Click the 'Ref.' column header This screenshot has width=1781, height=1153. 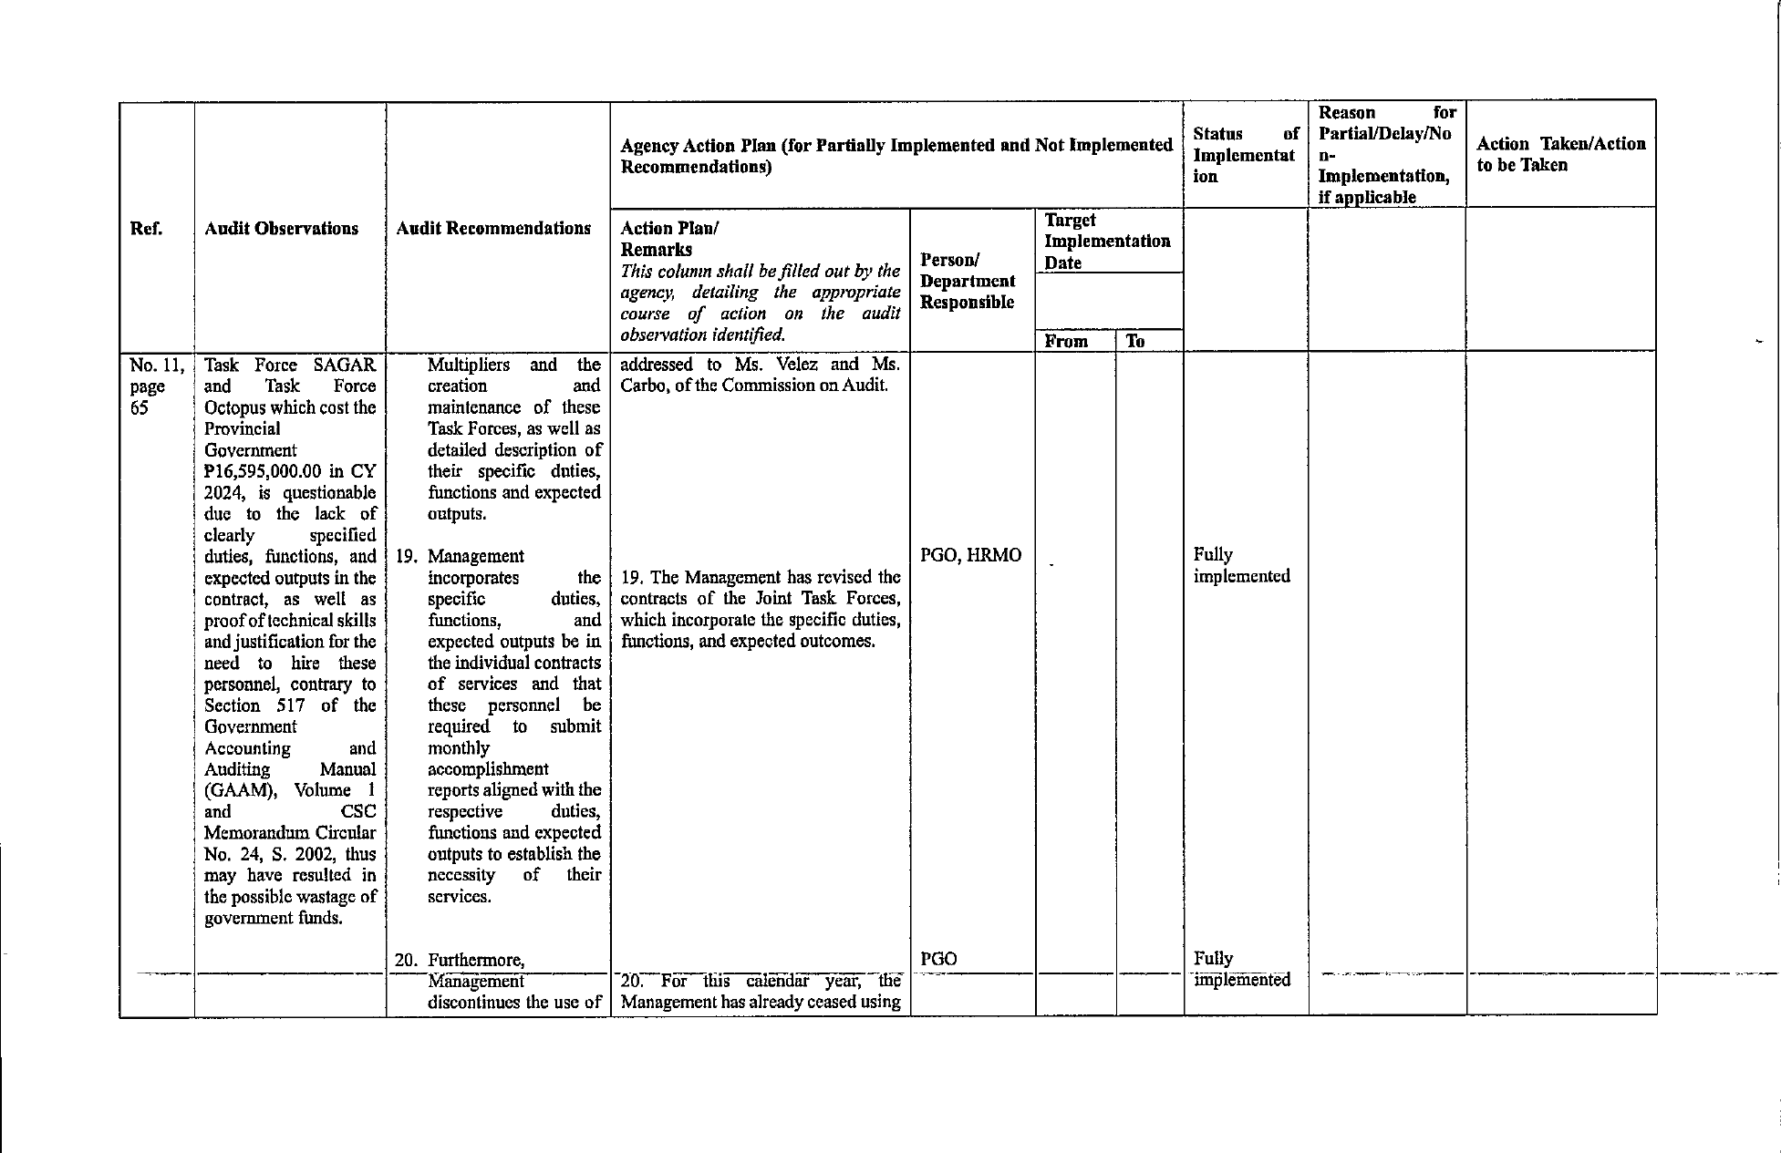click(146, 229)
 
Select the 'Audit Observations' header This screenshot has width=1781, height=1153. click(281, 229)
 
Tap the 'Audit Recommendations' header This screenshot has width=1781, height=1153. click(493, 229)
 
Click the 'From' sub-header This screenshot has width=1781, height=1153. click(1066, 342)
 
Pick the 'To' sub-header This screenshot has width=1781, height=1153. click(1135, 342)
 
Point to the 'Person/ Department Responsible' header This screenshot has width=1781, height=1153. click(968, 281)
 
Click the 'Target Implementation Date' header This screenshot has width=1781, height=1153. click(1107, 242)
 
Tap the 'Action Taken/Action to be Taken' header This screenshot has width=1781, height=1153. click(1560, 154)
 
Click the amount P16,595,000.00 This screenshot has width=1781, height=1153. click(263, 471)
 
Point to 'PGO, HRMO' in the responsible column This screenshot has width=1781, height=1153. click(970, 555)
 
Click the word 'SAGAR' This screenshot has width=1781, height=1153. click(344, 365)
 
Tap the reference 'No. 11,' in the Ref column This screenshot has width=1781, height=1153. click(157, 365)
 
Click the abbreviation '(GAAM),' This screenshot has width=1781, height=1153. click(240, 790)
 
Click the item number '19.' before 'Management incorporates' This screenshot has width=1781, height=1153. click(408, 556)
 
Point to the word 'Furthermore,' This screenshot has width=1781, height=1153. click(476, 960)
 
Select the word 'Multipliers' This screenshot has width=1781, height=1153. click(469, 365)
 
